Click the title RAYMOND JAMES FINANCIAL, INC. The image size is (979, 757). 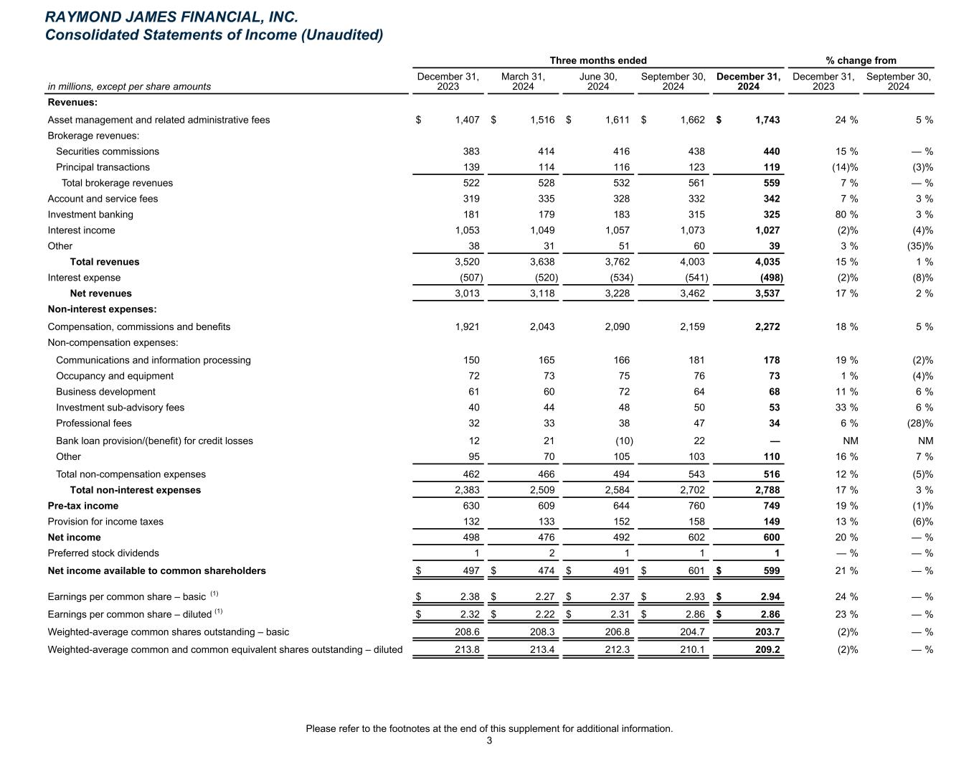click(171, 17)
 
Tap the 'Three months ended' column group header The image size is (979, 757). click(597, 60)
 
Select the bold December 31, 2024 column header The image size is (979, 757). click(748, 81)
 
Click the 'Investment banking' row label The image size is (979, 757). click(90, 215)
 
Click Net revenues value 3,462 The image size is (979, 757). click(691, 293)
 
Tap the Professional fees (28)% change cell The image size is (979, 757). click(918, 423)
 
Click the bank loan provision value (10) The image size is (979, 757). click(620, 441)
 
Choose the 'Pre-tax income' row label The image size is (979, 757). click(83, 506)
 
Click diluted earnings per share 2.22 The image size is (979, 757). click(542, 614)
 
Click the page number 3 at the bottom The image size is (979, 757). click(489, 741)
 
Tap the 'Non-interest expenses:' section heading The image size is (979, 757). click(102, 309)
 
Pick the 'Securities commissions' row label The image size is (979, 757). click(108, 151)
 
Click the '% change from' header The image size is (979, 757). click(861, 60)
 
